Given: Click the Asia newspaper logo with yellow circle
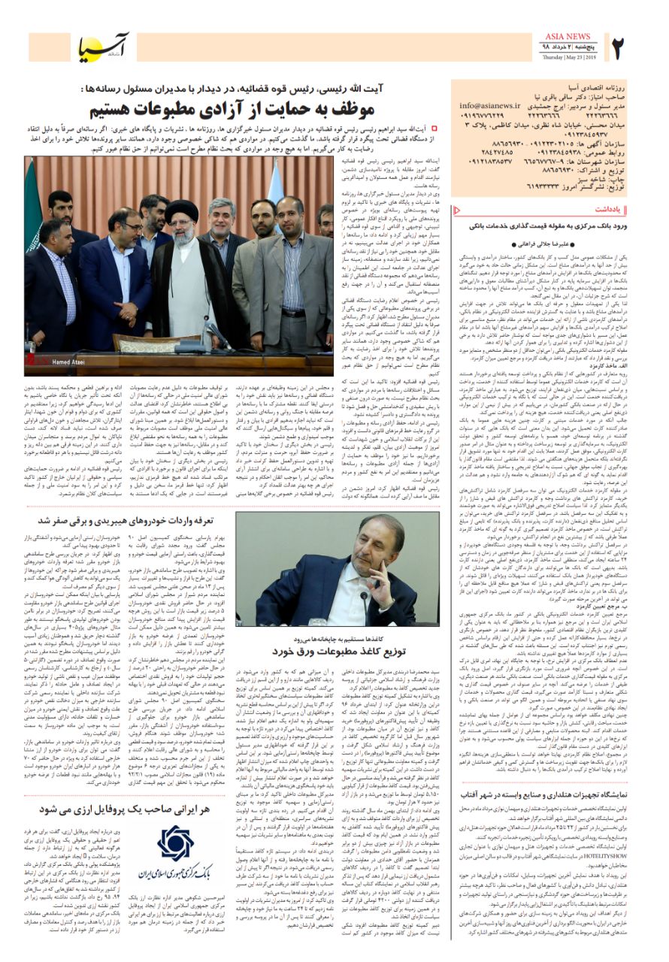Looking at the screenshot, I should [104, 47].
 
